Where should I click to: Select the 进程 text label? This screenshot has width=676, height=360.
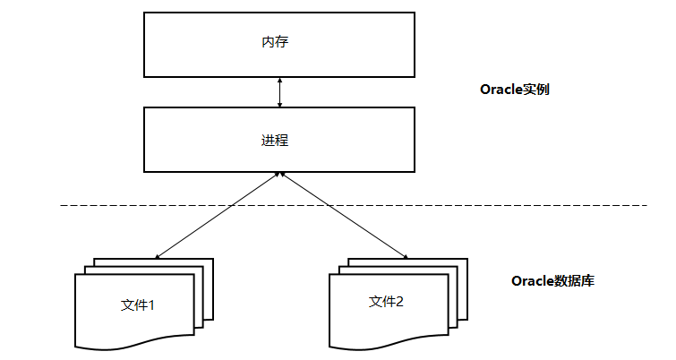275,141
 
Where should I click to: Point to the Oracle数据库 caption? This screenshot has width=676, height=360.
552,281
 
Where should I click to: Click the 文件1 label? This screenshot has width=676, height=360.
138,304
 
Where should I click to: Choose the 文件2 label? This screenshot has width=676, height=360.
386,302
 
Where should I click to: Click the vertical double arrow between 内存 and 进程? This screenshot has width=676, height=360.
280,92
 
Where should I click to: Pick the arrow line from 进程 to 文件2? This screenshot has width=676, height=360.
345,215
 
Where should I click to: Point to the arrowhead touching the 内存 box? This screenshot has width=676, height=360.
280,81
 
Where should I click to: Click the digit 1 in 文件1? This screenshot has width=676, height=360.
151,304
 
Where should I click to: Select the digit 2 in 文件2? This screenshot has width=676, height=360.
399,302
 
